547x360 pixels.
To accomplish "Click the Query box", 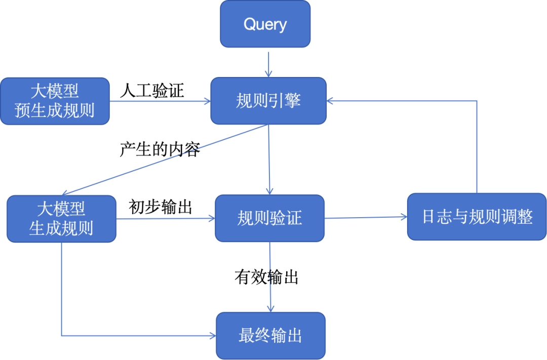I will tap(265, 24).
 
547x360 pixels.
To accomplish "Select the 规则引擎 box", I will tap(268, 101).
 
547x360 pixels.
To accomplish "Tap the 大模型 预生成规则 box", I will tap(55, 101).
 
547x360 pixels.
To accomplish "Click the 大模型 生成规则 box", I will tap(61, 219).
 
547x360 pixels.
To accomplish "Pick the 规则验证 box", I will tap(269, 218).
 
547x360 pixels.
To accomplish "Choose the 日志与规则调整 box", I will tap(477, 217).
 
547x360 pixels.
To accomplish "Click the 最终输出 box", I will tap(270, 336).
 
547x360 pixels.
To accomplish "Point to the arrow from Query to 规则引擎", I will tap(268, 63).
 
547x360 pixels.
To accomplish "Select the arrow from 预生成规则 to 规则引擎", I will tap(160, 101).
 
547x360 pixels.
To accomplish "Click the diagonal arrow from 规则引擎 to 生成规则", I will tap(167, 159).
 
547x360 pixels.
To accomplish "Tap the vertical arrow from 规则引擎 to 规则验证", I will tap(269, 159).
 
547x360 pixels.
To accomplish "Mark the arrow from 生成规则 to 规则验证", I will tap(166, 219).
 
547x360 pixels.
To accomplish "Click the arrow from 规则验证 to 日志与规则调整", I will tap(366, 218).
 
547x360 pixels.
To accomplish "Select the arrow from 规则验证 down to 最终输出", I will tap(270, 277).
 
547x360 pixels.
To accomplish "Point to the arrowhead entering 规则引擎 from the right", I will tap(330, 101).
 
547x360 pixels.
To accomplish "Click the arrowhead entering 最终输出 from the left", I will tap(212, 335).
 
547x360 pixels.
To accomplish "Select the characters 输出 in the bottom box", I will tap(286, 336).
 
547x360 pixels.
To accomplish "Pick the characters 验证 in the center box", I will tap(286, 218).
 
